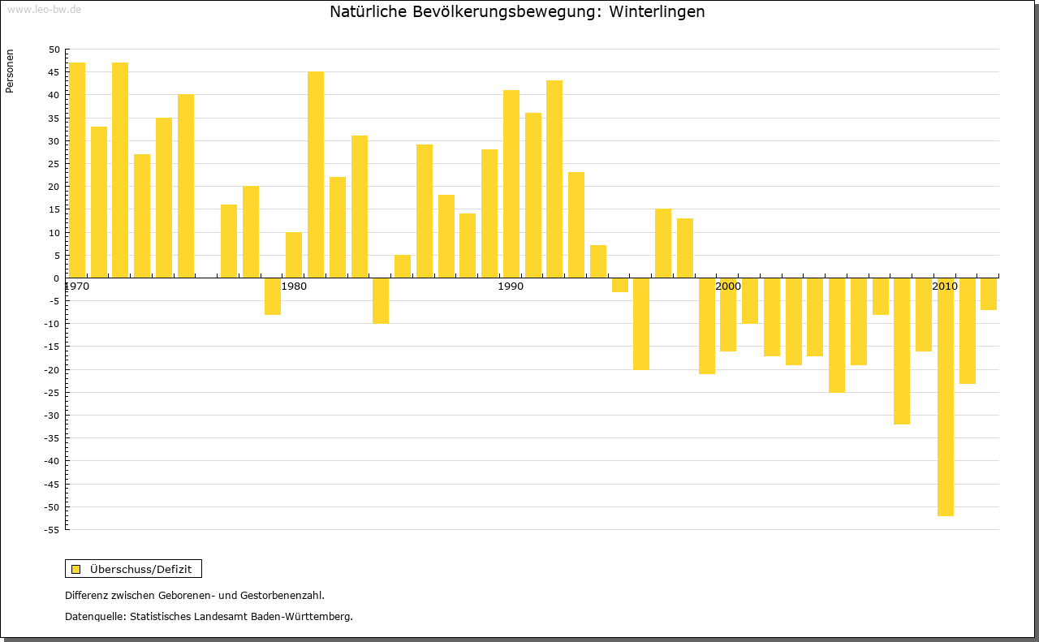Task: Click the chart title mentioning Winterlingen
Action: (517, 12)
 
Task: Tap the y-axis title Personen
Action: (10, 71)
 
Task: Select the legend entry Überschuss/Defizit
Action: (140, 569)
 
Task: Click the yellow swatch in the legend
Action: (76, 569)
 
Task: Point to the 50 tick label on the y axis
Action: (54, 50)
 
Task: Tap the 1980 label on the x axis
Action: (294, 287)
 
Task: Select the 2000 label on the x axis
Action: (728, 287)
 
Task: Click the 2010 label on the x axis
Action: (945, 287)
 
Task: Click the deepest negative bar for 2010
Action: (945, 398)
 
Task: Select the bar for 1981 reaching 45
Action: (316, 175)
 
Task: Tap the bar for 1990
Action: (511, 184)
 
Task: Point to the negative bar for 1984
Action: (381, 301)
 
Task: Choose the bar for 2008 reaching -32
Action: (902, 351)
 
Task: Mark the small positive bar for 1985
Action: (403, 267)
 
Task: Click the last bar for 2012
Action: (988, 294)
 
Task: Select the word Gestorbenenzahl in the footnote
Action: (278, 595)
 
